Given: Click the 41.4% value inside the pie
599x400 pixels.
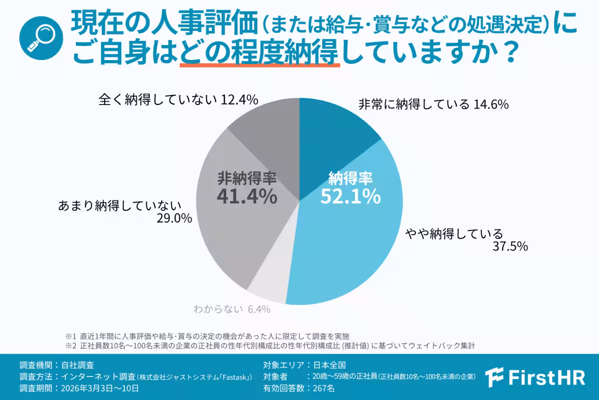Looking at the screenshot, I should pyautogui.click(x=247, y=195).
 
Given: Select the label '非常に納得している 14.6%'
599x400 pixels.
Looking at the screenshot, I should pyautogui.click(x=433, y=104).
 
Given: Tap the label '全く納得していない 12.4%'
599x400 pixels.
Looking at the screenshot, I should pyautogui.click(x=178, y=100).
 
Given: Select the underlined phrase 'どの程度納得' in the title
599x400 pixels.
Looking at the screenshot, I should pyautogui.click(x=259, y=52).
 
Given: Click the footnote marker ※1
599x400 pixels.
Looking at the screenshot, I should pyautogui.click(x=69, y=335).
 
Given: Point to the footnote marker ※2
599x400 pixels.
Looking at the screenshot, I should pyautogui.click(x=69, y=345).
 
